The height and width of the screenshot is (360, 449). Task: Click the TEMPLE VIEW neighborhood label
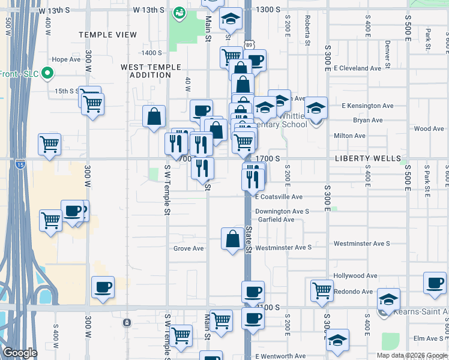tap(108, 35)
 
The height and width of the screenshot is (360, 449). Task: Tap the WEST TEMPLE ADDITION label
tap(146, 71)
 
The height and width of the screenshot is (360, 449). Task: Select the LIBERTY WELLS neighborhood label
tap(367, 158)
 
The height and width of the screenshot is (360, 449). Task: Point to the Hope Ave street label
tap(66, 59)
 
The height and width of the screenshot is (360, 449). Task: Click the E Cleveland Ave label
tap(358, 68)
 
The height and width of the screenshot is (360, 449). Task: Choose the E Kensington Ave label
tap(367, 106)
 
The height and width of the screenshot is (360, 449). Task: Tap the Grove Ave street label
tap(189, 248)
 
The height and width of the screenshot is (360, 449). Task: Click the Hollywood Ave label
tap(355, 276)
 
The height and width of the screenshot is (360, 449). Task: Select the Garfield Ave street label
tap(275, 220)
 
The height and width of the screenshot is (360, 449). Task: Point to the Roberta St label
tap(307, 30)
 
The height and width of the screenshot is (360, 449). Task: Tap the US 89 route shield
tap(249, 45)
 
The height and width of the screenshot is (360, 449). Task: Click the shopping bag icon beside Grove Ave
tap(232, 239)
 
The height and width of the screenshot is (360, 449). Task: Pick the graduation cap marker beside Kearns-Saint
tap(388, 298)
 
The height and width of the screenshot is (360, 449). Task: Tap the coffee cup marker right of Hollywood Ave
tap(435, 283)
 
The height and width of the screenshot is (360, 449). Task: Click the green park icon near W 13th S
tap(179, 12)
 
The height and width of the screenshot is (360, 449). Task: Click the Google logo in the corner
tap(20, 353)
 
